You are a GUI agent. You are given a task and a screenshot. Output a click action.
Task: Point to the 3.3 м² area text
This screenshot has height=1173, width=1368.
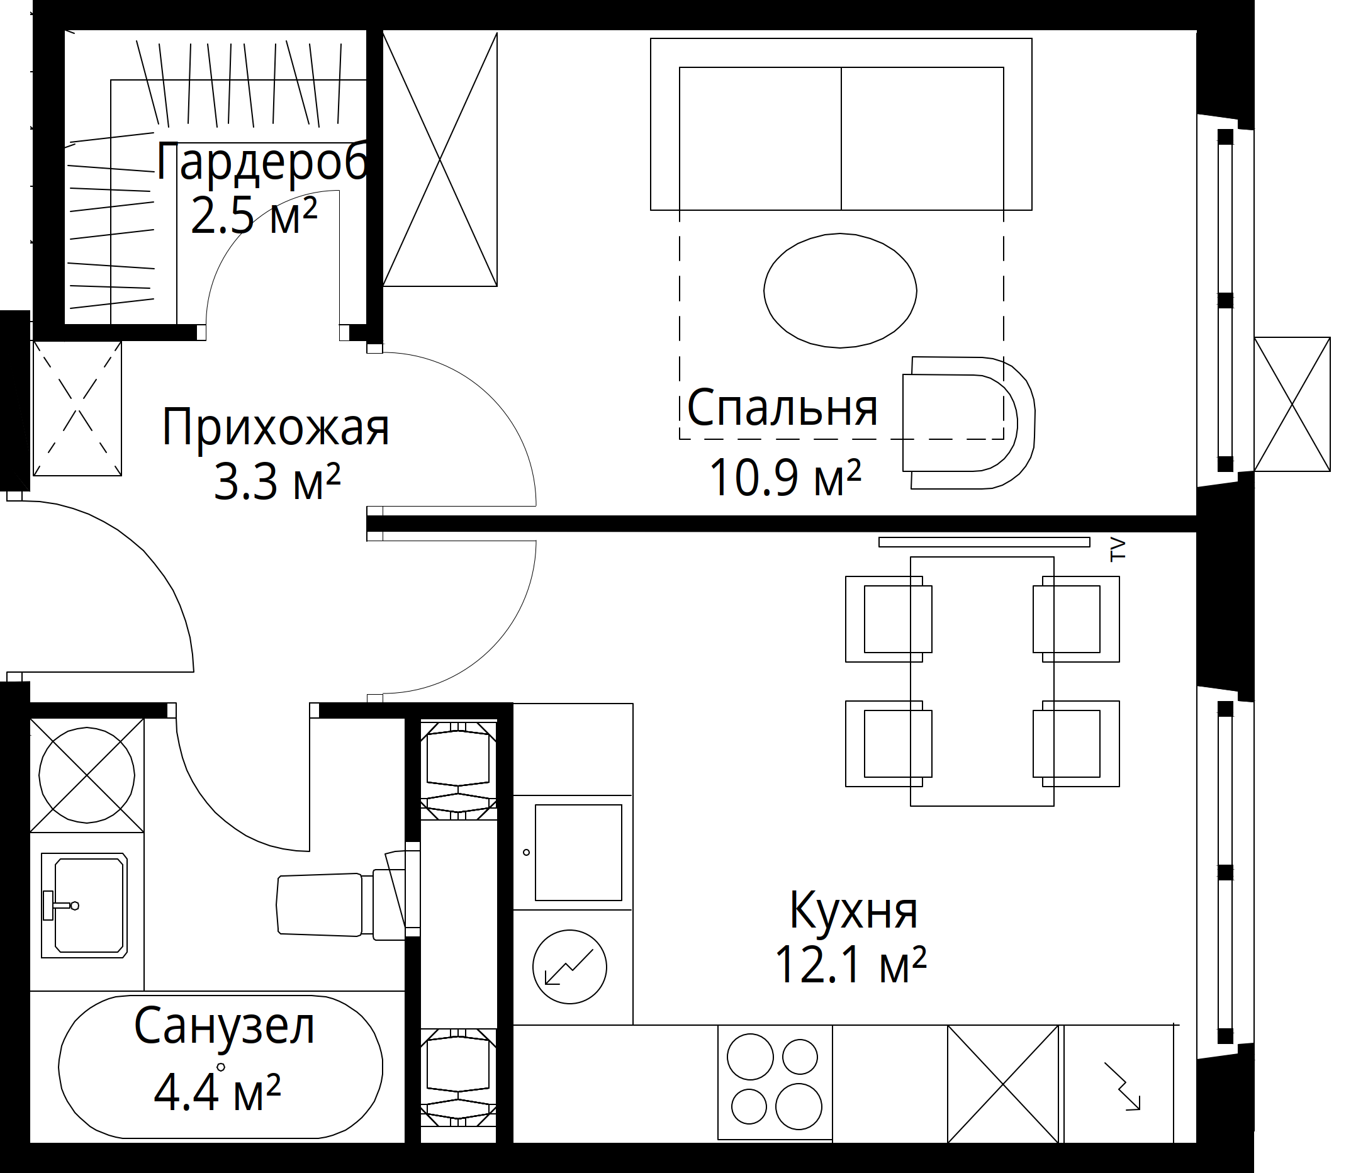point(278,482)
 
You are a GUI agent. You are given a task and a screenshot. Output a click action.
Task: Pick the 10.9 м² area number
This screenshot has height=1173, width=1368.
point(785,477)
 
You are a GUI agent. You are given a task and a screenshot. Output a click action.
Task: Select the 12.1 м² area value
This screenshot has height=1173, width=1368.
point(850,965)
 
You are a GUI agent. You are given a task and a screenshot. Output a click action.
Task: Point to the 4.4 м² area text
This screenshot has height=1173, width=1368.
point(217,1092)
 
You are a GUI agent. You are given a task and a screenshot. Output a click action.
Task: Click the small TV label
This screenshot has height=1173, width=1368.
point(1117,549)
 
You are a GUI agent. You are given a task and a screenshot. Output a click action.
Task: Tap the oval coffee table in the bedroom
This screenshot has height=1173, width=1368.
point(840,291)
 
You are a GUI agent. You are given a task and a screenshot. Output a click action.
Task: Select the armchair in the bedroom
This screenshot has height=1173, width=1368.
point(968,422)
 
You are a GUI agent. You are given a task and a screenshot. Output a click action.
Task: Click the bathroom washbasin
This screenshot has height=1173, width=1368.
point(84,905)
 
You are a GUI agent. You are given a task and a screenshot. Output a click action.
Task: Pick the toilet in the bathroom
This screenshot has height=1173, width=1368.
point(349,904)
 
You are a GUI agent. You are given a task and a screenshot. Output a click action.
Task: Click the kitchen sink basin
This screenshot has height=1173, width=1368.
point(578,852)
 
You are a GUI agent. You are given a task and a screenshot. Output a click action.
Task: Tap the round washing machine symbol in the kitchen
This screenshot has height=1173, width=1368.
point(569,967)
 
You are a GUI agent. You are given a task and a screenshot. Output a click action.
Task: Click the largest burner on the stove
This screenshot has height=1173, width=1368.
point(799,1107)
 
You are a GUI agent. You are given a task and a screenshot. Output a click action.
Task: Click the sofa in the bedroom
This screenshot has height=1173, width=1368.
point(841,124)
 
